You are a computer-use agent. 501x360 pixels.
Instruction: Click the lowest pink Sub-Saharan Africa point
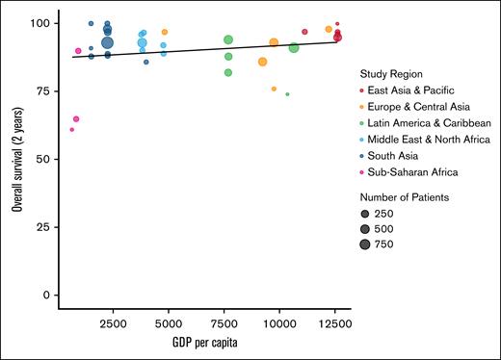point(71,129)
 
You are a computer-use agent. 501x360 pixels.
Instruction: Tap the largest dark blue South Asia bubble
point(108,42)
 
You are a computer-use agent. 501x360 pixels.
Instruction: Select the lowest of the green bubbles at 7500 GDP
point(228,72)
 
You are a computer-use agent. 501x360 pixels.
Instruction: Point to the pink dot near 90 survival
point(78,51)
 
